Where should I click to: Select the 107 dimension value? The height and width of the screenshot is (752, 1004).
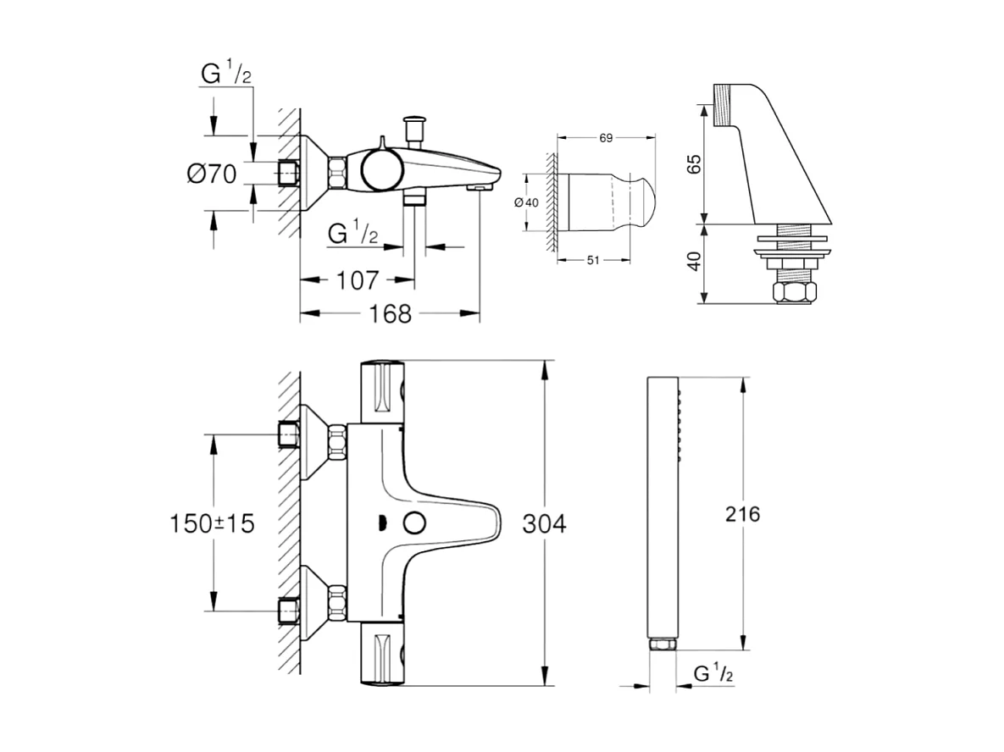click(x=358, y=280)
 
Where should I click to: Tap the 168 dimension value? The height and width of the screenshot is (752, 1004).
click(x=391, y=313)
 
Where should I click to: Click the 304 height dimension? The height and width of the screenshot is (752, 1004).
click(x=542, y=524)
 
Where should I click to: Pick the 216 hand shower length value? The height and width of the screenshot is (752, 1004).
click(x=743, y=513)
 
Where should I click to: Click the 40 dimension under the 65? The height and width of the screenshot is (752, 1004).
click(x=694, y=262)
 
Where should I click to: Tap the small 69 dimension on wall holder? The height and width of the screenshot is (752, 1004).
click(x=605, y=137)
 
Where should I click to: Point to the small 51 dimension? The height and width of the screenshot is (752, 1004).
click(x=592, y=260)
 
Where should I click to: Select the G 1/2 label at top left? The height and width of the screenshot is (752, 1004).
click(x=225, y=74)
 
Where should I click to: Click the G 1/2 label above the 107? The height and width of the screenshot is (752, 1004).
click(x=352, y=231)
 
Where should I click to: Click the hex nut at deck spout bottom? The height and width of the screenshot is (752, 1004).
click(x=795, y=293)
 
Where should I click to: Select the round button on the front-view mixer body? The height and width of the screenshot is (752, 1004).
click(x=414, y=523)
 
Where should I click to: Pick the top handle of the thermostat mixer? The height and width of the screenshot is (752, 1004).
click(x=384, y=391)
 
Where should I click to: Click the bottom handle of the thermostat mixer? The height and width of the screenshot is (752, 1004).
click(x=384, y=654)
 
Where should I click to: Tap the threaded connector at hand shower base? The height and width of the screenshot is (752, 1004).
click(x=662, y=645)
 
